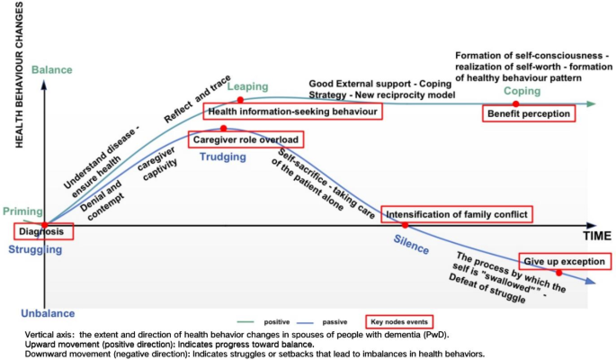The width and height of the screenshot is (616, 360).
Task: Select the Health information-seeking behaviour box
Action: click(292, 112)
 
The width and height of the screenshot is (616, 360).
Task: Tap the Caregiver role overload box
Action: click(246, 139)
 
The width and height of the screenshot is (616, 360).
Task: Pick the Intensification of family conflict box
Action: click(457, 214)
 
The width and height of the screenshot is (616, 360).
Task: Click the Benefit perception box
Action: click(529, 114)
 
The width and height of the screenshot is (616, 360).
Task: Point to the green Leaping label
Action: click(247, 86)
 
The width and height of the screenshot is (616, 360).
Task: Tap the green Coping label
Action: click(522, 92)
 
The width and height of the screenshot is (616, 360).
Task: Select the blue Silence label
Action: click(412, 241)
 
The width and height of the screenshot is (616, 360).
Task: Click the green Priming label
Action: click(22, 211)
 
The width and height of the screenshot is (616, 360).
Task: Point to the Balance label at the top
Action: click(51, 69)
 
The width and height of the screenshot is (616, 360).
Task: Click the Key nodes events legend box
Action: click(399, 321)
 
